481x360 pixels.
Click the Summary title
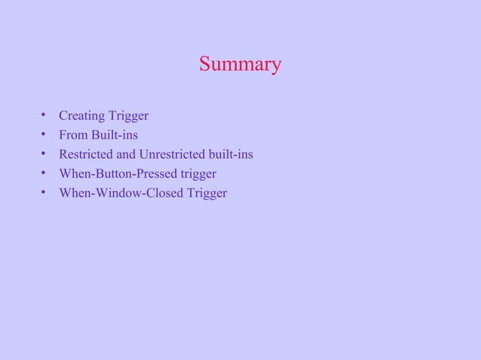pyautogui.click(x=240, y=65)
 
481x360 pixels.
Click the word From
pyautogui.click(x=72, y=136)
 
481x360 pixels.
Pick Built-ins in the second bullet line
pyautogui.click(x=114, y=136)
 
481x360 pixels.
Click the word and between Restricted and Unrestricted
pyautogui.click(x=126, y=155)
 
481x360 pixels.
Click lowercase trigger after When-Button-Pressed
pyautogui.click(x=198, y=175)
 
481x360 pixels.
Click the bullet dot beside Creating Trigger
pyautogui.click(x=44, y=116)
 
